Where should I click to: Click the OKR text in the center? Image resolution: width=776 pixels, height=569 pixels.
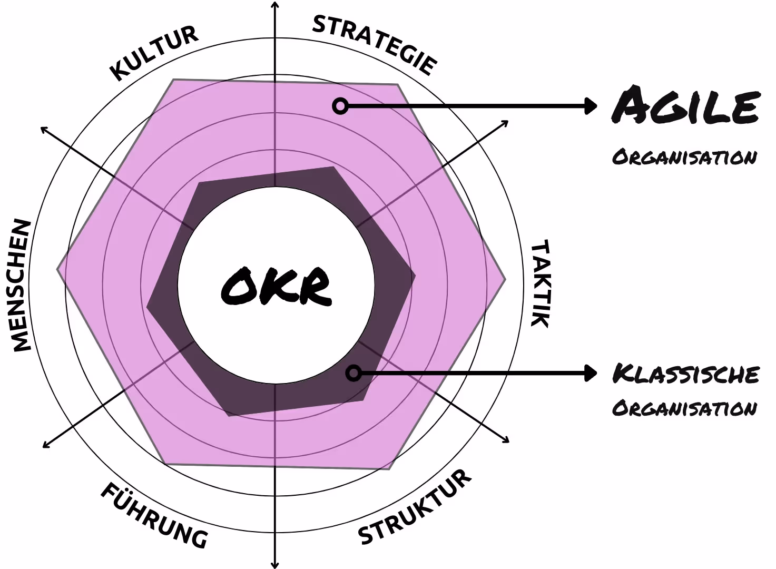276,286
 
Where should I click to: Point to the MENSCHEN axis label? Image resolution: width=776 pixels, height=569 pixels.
22,285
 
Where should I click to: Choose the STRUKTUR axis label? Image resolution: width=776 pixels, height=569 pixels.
415,507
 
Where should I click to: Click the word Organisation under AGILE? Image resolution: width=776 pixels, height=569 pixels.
684,157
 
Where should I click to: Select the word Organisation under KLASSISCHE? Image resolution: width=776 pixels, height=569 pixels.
684,408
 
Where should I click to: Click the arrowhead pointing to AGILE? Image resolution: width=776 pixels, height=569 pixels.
591,106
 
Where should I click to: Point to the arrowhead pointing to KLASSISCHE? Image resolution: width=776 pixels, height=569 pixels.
591,374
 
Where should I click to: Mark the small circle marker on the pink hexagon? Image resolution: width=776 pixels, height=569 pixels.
340,106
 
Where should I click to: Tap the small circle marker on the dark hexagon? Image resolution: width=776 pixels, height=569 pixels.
353,374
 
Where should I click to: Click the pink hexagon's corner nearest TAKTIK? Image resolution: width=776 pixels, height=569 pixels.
505,279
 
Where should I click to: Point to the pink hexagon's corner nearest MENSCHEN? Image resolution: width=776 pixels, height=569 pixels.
58,270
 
